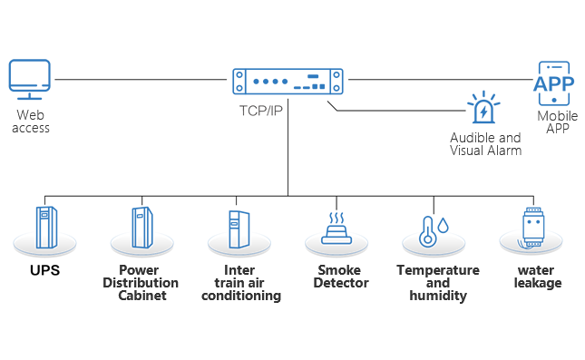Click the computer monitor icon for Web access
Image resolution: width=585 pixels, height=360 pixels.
point(29,79)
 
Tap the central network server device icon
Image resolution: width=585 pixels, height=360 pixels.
point(288,81)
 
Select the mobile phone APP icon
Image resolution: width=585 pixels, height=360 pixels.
point(553,83)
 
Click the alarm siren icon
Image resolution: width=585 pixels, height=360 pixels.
point(483,107)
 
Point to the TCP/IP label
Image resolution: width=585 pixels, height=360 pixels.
point(261,111)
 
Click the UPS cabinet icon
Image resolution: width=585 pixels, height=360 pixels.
point(46,228)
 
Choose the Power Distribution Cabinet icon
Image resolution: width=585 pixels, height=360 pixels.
point(142,228)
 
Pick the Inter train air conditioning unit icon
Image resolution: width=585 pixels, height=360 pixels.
point(239,229)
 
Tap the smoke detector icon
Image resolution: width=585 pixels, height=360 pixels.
point(336,229)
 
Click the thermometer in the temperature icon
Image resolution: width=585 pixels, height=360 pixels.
point(427,232)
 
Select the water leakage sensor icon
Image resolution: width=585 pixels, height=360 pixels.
point(532,228)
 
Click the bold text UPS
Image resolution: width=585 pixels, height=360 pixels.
point(44,270)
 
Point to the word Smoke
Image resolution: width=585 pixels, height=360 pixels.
point(339,270)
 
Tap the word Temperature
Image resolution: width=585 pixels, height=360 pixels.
point(438,270)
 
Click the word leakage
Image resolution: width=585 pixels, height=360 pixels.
point(538,283)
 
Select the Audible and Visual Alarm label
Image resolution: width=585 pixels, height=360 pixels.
point(485,144)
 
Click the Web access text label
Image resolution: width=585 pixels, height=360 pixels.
point(31,122)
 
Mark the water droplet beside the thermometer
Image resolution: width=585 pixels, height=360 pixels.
point(443,225)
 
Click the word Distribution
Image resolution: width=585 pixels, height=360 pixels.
point(141,283)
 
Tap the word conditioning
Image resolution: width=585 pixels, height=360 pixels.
point(241,296)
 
